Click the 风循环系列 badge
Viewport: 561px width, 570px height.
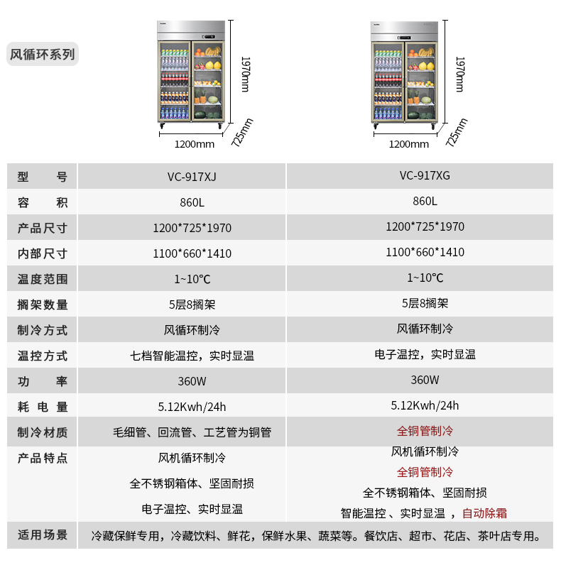tap(43, 54)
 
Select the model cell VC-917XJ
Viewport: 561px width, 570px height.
tap(192, 177)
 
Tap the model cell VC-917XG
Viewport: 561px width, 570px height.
tap(425, 175)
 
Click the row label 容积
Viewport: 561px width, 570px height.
tap(43, 202)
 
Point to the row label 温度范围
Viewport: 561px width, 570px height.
tap(43, 279)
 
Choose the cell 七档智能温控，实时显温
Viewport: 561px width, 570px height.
tap(192, 356)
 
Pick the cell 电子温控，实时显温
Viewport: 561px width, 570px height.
tap(425, 354)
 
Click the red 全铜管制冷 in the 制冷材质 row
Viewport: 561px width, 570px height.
tap(425, 431)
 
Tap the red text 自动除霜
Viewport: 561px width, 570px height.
tap(484, 513)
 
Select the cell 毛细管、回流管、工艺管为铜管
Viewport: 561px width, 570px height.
tap(192, 432)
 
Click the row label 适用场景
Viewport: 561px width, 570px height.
tap(43, 535)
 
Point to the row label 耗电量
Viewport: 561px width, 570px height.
tap(43, 407)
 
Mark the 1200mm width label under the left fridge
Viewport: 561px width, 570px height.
tap(194, 144)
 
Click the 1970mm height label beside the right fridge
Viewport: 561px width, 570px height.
tap(460, 74)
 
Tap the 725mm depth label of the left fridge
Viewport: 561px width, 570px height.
tap(242, 132)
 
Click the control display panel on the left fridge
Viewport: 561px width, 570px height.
tap(208, 37)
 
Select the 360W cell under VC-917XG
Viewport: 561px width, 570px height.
tap(425, 380)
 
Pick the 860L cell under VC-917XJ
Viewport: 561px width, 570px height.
tap(192, 202)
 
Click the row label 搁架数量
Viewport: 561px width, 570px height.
tap(43, 305)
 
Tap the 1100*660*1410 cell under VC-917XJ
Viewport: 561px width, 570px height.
tap(192, 253)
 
